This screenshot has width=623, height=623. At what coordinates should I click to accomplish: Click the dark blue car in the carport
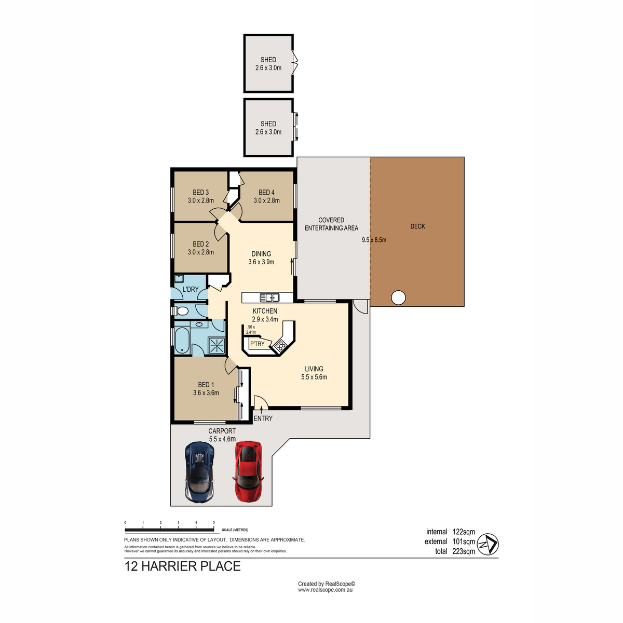pyautogui.click(x=199, y=472)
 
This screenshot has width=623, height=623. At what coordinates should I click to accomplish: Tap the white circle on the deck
pyautogui.click(x=398, y=297)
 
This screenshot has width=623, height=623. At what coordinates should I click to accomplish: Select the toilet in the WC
pyautogui.click(x=181, y=311)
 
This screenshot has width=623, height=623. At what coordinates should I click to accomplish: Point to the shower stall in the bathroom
pyautogui.click(x=216, y=346)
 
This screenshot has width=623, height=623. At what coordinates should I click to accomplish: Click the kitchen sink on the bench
pyautogui.click(x=269, y=297)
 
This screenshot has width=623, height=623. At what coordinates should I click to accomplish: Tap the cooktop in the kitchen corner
pyautogui.click(x=280, y=346)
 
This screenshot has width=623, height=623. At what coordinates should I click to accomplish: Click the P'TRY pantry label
pyautogui.click(x=257, y=344)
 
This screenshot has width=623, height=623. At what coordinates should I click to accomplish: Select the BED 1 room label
pyautogui.click(x=206, y=385)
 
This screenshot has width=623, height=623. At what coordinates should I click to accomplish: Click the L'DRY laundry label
pyautogui.click(x=191, y=289)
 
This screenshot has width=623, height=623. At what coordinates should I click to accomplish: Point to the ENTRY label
pyautogui.click(x=263, y=418)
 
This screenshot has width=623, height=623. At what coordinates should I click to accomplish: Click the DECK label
pyautogui.click(x=417, y=226)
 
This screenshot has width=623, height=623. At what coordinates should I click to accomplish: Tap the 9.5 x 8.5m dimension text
pyautogui.click(x=374, y=240)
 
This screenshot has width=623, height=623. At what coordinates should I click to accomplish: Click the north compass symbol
pyautogui.click(x=487, y=545)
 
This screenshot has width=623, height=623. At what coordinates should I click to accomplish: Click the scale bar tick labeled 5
pyautogui.click(x=214, y=522)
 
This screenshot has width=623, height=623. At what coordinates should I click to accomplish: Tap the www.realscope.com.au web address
pyautogui.click(x=325, y=590)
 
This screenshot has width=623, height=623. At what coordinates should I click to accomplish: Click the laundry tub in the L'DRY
pyautogui.click(x=179, y=279)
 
